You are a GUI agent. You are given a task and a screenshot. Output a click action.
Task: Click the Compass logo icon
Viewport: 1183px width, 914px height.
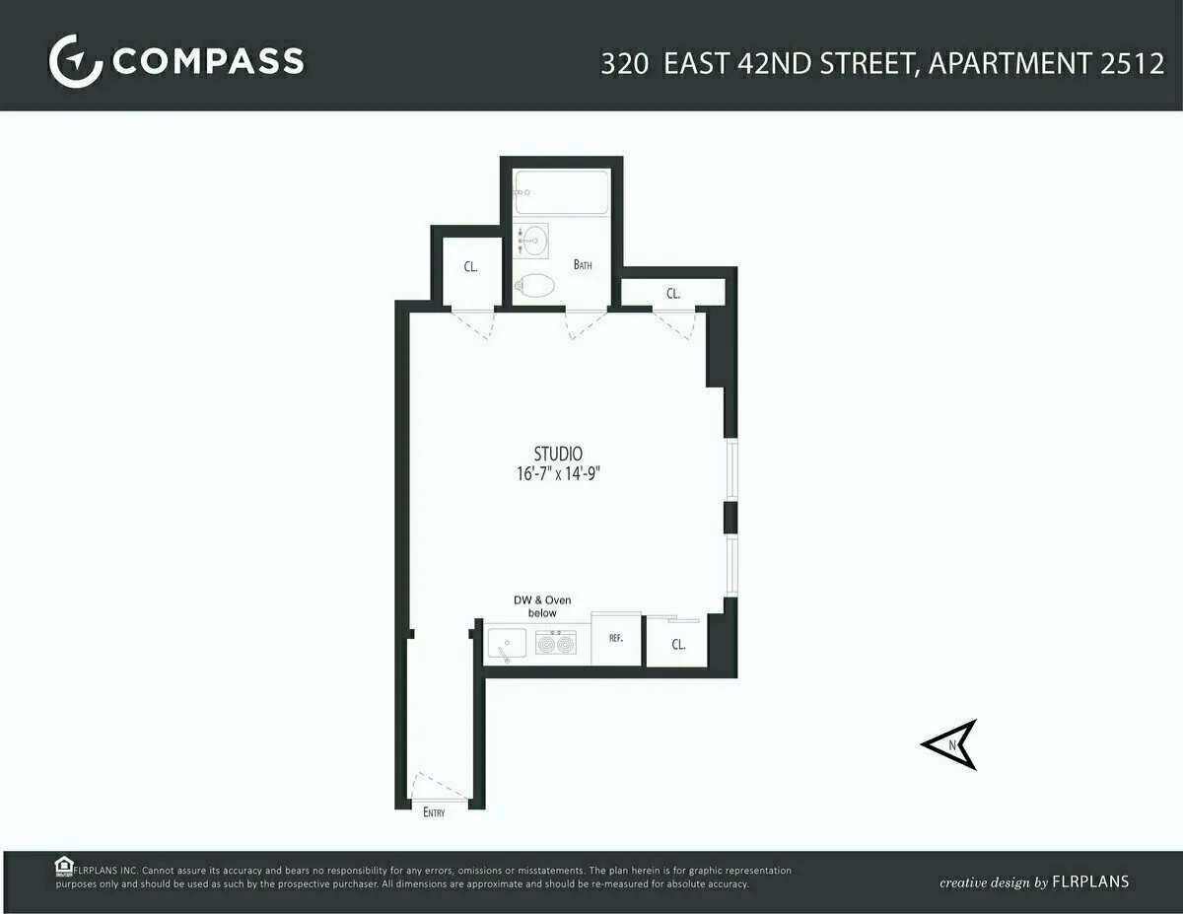pyautogui.click(x=75, y=61)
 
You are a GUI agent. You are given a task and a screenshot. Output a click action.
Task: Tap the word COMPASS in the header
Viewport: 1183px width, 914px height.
pyautogui.click(x=208, y=61)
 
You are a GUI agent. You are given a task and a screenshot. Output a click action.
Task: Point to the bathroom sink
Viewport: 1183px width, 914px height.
pyautogui.click(x=532, y=240)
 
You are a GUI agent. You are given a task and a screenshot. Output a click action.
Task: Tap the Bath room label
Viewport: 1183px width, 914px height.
pyautogui.click(x=583, y=264)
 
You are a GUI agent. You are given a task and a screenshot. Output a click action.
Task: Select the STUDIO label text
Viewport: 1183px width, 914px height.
pyautogui.click(x=558, y=454)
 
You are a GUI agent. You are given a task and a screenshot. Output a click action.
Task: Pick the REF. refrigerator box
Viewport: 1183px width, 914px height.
pyautogui.click(x=616, y=639)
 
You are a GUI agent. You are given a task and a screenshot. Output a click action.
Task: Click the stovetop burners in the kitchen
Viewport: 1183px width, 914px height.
pyautogui.click(x=555, y=644)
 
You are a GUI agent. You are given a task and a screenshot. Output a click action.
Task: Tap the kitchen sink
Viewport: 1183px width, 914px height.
pyautogui.click(x=508, y=645)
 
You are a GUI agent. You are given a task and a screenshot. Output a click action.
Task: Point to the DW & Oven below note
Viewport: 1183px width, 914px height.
pyautogui.click(x=541, y=606)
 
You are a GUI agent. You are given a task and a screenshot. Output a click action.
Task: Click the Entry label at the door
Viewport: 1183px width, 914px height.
pyautogui.click(x=434, y=812)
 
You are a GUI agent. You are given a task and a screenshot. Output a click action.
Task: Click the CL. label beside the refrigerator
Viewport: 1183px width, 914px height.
pyautogui.click(x=678, y=645)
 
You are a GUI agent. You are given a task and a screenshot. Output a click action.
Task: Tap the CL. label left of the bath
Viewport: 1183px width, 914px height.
pyautogui.click(x=471, y=267)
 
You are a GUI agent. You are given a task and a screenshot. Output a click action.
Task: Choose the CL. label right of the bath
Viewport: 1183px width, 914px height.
pyautogui.click(x=673, y=293)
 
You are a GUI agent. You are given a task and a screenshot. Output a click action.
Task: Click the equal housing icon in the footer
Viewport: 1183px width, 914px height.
pyautogui.click(x=64, y=866)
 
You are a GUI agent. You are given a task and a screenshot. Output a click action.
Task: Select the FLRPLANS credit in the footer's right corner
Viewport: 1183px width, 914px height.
pyautogui.click(x=1090, y=881)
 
